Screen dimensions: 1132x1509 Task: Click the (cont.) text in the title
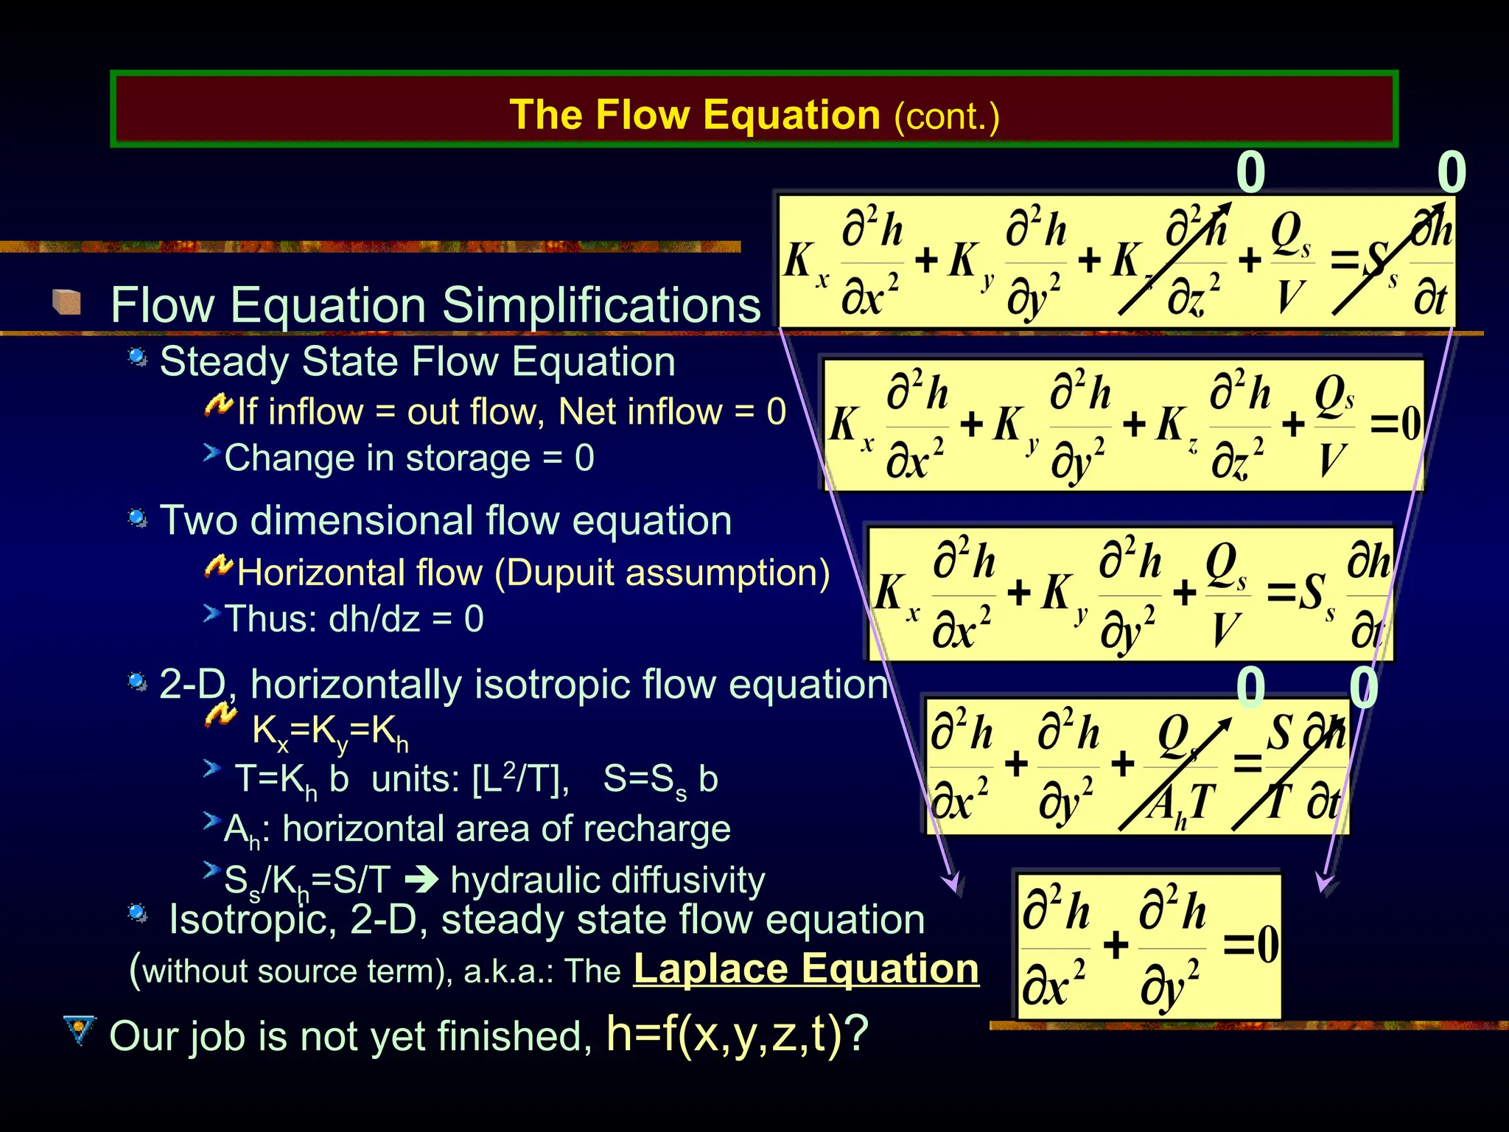(x=947, y=116)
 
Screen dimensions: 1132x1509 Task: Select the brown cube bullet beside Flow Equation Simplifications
(x=67, y=301)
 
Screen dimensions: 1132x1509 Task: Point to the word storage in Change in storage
(x=468, y=458)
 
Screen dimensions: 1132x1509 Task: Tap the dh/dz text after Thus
(x=374, y=618)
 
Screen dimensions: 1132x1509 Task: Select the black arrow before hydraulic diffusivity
(x=422, y=880)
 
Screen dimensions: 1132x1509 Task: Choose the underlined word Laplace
(x=710, y=968)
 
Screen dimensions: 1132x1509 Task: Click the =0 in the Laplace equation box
(x=1250, y=944)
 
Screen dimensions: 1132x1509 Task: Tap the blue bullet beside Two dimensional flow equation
(x=137, y=519)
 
